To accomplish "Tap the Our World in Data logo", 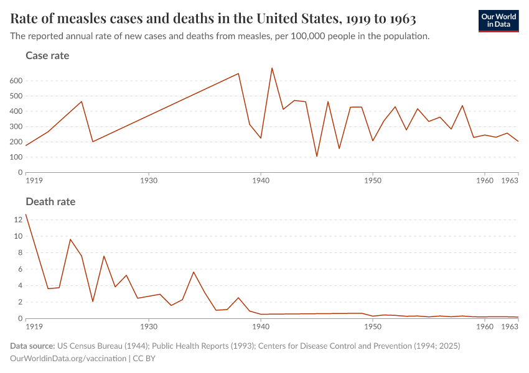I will click(x=498, y=21).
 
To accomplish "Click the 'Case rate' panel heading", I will click(x=47, y=56).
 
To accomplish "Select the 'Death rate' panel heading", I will click(x=50, y=202).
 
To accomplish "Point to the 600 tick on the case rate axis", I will click(x=16, y=81).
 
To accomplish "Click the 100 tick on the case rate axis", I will click(x=16, y=157).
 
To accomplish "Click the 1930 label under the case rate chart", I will click(x=148, y=181).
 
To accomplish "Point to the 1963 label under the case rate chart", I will click(x=510, y=181).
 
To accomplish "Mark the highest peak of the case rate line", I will click(x=272, y=68).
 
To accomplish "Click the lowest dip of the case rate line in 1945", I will click(x=317, y=156).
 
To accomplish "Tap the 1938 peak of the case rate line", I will click(x=238, y=73).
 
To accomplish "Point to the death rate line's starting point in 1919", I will click(x=26, y=214).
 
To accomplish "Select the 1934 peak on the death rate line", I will click(x=194, y=272).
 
